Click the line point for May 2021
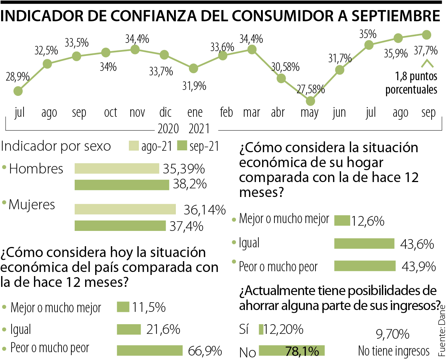click(310, 101)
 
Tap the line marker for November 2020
click(135, 49)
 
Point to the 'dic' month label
click(165, 112)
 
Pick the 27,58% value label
click(311, 90)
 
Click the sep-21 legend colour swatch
click(182, 145)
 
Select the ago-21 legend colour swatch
click(134, 145)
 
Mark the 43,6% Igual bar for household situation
click(364, 244)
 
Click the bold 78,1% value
click(302, 351)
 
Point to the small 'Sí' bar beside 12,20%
click(261, 329)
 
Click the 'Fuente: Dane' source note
click(442, 329)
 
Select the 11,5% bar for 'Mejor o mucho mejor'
click(123, 307)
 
